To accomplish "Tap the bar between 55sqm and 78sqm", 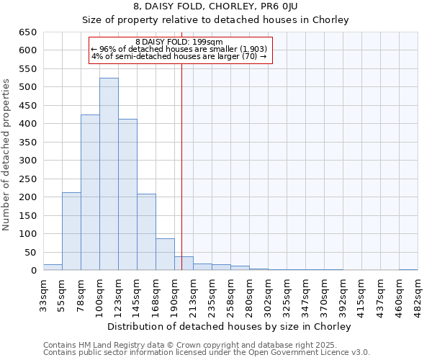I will (x=71, y=231).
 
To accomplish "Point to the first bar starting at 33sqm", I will (x=53, y=267).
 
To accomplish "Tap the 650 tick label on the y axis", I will (x=27, y=32).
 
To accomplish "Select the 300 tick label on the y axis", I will (x=27, y=161).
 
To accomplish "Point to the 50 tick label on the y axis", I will (x=30, y=252).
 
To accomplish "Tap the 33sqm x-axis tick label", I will (x=43, y=296).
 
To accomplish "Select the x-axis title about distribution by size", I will (x=230, y=326).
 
